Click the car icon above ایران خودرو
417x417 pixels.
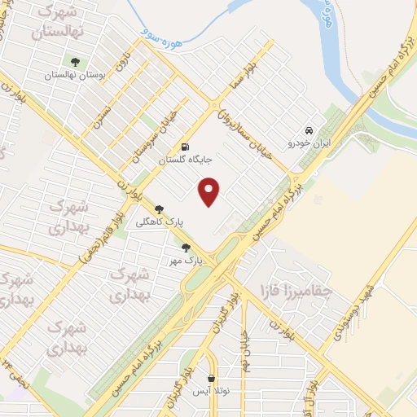point(309,130)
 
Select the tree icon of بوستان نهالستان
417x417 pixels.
point(76,62)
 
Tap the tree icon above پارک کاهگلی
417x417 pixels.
point(159,208)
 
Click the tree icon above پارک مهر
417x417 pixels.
point(186,248)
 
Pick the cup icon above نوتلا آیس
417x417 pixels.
point(212,379)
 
